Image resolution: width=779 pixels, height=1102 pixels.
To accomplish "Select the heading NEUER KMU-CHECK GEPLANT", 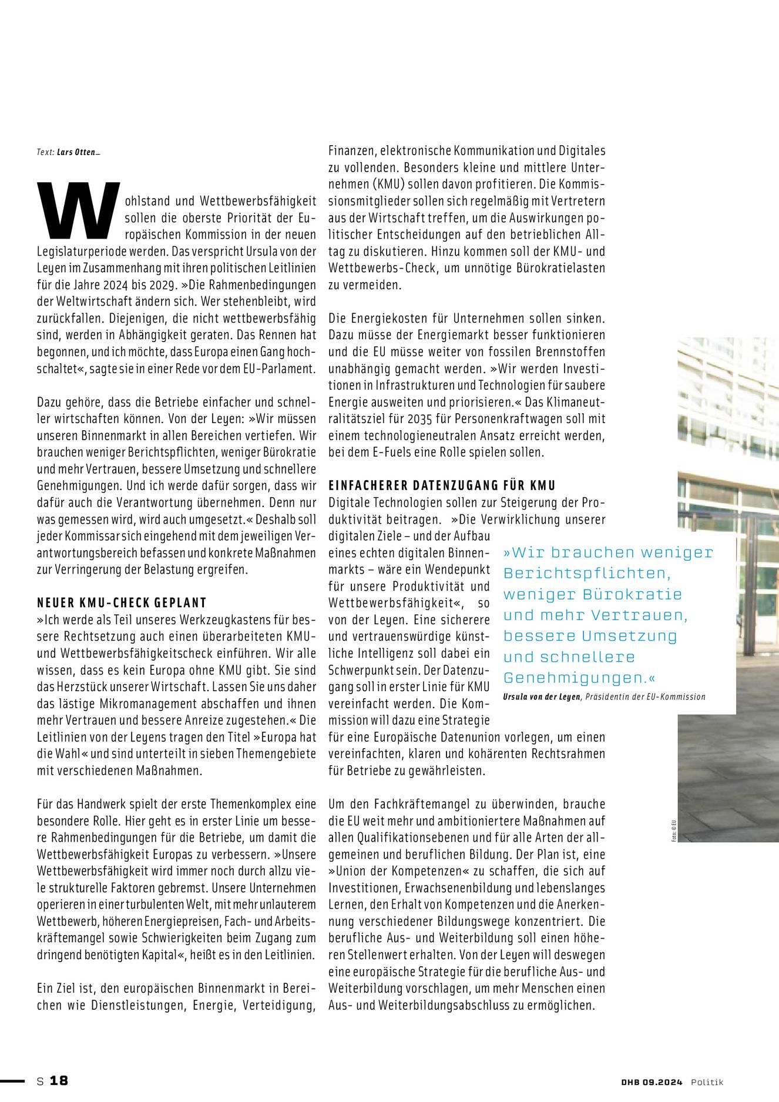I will pos(122,603).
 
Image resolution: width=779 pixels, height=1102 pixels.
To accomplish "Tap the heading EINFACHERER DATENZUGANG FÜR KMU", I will pos(442,485).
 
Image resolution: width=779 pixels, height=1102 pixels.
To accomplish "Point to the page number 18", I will pos(59,1081).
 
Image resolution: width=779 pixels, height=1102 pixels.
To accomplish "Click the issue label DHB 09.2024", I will pos(652,1082).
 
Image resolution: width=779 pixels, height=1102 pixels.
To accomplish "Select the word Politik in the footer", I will pos(707,1082).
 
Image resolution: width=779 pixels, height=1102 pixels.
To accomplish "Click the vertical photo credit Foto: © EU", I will pos(674,830).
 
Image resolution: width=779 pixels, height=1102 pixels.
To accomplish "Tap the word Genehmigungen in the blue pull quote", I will pos(575,678).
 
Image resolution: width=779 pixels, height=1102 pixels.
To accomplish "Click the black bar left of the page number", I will pos(12,1081).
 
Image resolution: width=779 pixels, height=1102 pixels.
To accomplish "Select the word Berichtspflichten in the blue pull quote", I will pos(586,573).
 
